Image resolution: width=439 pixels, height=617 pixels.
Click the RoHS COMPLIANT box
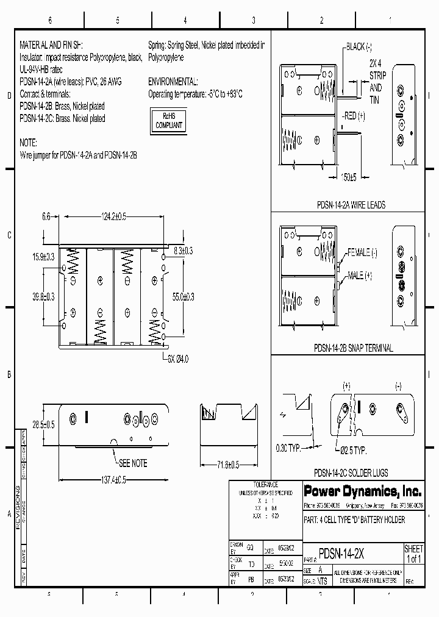pos(170,120)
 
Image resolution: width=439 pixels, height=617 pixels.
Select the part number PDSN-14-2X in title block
pos(342,549)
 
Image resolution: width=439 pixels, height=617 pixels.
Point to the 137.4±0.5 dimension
pos(105,480)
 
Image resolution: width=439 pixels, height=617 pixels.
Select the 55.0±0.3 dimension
pos(182,296)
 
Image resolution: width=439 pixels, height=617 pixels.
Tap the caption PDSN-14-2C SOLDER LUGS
pos(350,473)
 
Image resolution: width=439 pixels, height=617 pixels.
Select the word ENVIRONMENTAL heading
pos(173,82)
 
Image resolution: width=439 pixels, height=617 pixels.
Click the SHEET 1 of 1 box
pos(413,554)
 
